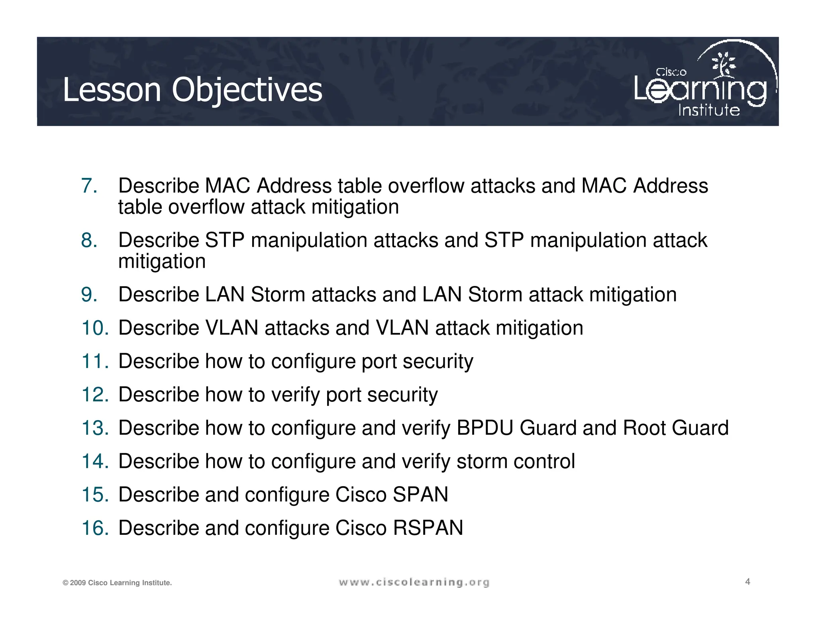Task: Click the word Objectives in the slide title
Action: click(247, 90)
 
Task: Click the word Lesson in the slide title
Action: click(112, 90)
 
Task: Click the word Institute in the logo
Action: click(709, 110)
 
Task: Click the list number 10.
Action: click(95, 328)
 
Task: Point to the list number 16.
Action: click(95, 528)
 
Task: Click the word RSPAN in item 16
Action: click(428, 528)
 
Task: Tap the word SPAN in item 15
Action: click(420, 495)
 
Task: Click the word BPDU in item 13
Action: click(485, 428)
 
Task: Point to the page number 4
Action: click(747, 582)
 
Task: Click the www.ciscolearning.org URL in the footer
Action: click(414, 583)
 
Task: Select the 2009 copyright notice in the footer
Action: click(117, 583)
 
